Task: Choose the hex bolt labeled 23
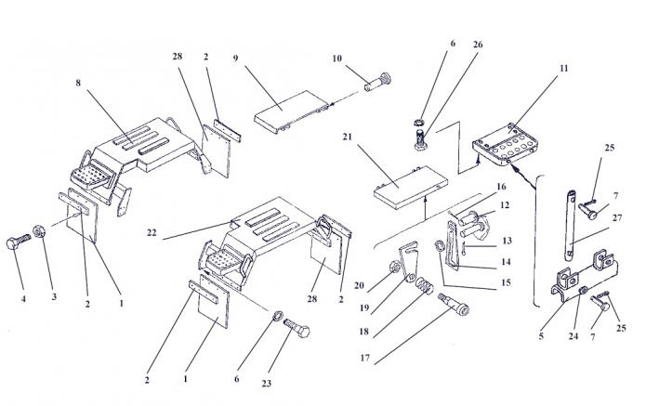(x=295, y=329)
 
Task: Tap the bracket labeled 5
(x=571, y=282)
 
